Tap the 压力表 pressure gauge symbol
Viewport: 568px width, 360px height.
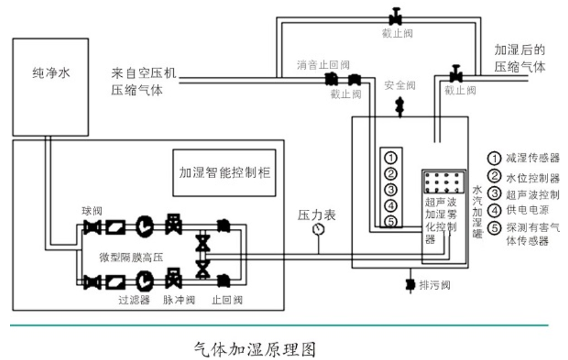tap(319, 228)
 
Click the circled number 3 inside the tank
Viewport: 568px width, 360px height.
tap(390, 189)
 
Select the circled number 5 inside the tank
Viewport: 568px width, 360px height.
tap(390, 222)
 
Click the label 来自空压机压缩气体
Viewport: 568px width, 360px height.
tap(144, 81)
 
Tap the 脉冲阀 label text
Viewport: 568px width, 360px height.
tap(182, 300)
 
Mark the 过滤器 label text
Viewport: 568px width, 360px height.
tap(135, 300)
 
